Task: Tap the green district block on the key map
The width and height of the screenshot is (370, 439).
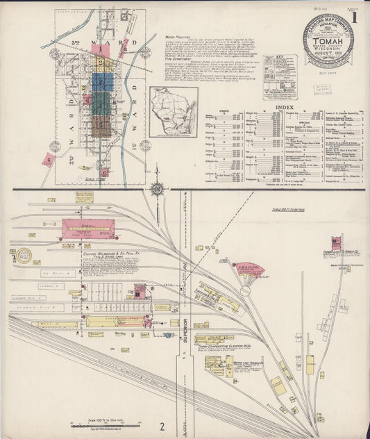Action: click(101, 103)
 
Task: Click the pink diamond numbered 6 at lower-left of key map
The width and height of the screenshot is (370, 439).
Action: click(49, 160)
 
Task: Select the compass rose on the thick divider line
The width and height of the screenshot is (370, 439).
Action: click(158, 188)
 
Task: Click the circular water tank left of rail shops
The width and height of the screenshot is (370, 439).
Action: click(24, 255)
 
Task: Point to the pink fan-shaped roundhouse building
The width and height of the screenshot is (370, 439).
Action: click(248, 269)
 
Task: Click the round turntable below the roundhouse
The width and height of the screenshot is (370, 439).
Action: click(245, 291)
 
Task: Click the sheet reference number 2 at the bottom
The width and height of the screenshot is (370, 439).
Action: click(162, 425)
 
